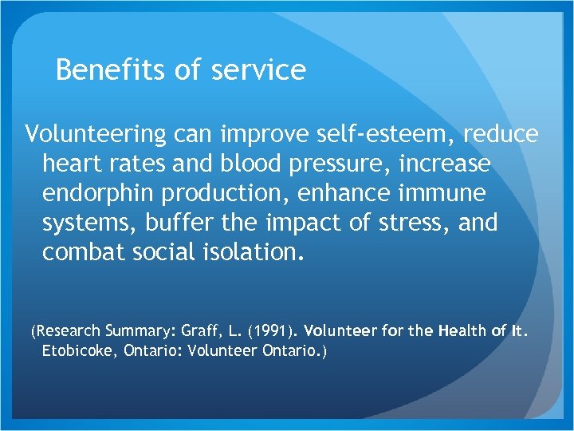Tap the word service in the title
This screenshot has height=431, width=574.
[259, 70]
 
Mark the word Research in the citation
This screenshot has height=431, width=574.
[67, 330]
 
